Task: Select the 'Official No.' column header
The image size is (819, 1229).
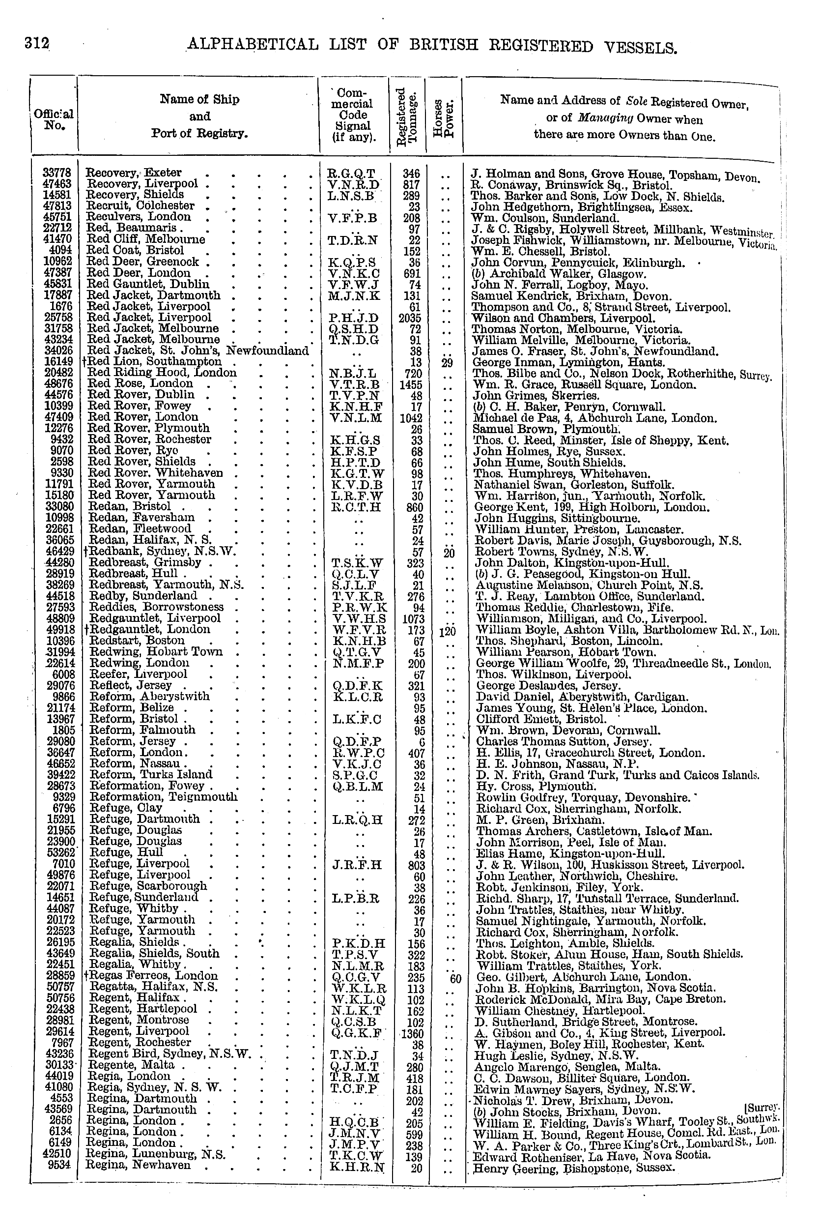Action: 54,119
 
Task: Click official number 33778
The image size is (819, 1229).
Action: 58,173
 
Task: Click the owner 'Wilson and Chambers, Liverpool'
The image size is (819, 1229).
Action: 563,318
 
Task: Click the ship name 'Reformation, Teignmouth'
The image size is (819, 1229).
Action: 164,797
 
